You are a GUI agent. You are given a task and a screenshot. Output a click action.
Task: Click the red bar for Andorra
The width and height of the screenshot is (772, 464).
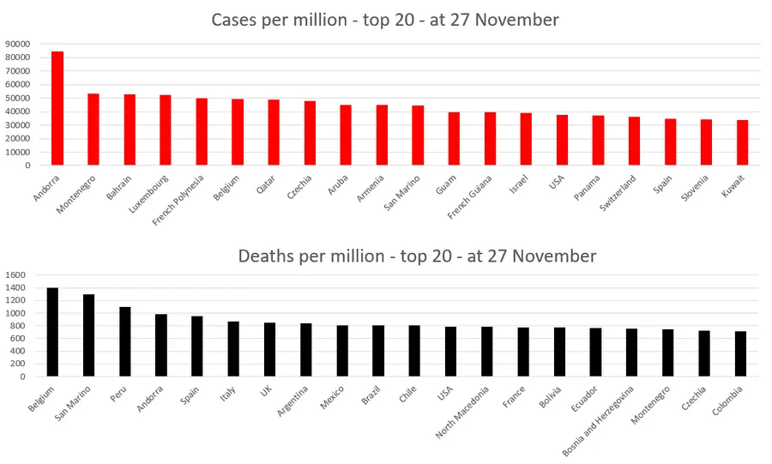[57, 109]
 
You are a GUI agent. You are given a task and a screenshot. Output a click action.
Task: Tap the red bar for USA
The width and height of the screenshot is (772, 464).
[562, 141]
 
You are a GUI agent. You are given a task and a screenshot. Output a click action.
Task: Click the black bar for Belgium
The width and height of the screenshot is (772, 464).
[52, 332]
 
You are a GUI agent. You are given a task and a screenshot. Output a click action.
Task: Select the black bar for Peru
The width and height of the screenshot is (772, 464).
[125, 341]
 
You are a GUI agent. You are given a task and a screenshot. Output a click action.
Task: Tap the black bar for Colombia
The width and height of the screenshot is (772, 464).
[740, 353]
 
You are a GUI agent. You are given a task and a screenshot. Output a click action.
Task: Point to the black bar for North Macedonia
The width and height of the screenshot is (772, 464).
[487, 352]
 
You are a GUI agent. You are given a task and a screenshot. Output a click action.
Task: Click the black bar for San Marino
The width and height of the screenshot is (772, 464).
[88, 335]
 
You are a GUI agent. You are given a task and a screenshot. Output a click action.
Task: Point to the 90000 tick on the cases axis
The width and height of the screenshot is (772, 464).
[18, 44]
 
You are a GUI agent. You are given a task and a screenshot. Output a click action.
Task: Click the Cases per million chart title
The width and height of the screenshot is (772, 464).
[386, 19]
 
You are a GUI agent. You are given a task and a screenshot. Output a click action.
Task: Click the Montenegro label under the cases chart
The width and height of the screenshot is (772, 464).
[78, 195]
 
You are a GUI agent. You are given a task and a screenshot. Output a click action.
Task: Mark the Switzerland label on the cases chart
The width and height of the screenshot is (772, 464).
[618, 196]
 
